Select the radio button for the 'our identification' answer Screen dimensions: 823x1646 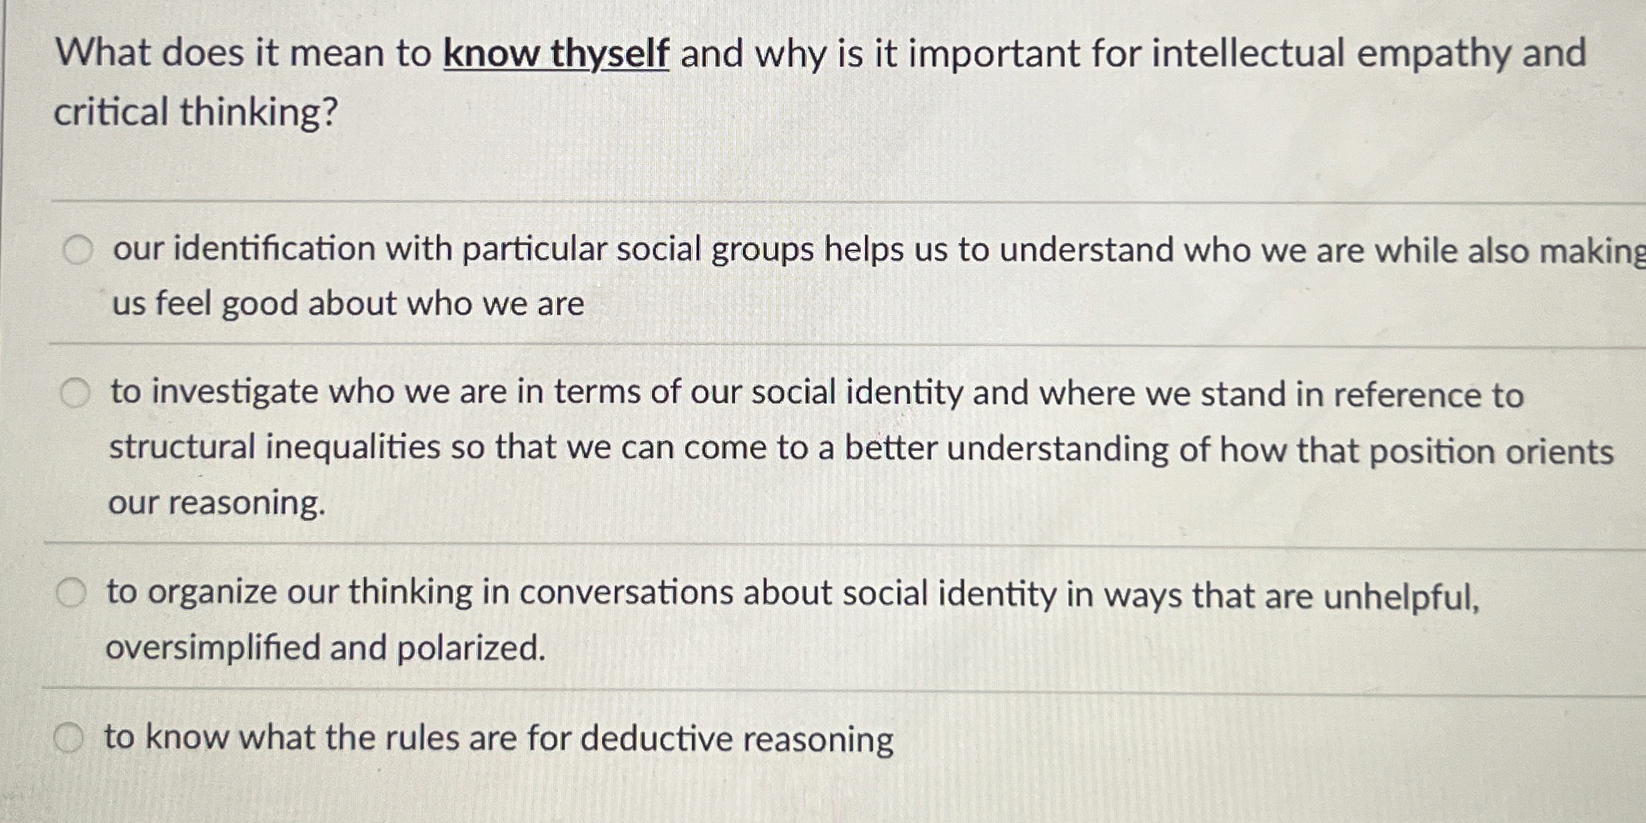tap(78, 249)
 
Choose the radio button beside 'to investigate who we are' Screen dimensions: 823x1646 tap(75, 392)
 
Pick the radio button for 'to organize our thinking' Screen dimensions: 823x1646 tap(71, 592)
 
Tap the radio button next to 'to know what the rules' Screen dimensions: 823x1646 tap(68, 737)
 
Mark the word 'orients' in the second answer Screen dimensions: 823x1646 tap(1564, 452)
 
